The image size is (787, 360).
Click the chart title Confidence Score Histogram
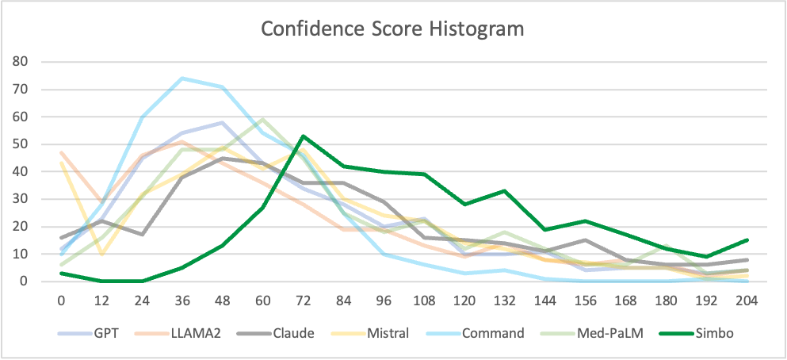[393, 30]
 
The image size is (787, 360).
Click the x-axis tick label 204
[747, 301]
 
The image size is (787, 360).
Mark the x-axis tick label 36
[181, 301]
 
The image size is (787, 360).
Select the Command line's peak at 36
[181, 78]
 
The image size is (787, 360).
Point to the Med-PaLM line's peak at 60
[262, 119]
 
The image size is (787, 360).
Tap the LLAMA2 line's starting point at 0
[61, 152]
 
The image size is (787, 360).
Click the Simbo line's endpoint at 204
[747, 240]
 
